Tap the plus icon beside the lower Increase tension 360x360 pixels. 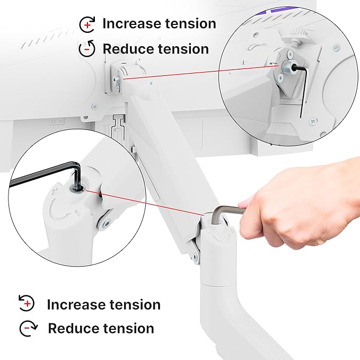(27, 304)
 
